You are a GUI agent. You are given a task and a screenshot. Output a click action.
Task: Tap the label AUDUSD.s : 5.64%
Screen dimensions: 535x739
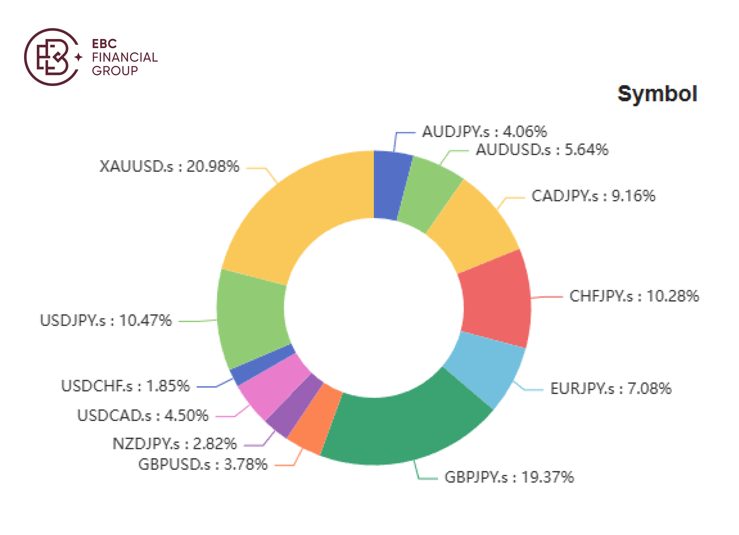pyautogui.click(x=542, y=150)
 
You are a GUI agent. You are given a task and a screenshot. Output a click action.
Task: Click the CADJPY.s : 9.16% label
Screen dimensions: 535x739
pyautogui.click(x=593, y=196)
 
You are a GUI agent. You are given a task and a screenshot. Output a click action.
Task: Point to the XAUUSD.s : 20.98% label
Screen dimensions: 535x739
pyautogui.click(x=169, y=167)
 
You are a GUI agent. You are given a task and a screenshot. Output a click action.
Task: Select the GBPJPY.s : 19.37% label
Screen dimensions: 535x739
pyautogui.click(x=509, y=477)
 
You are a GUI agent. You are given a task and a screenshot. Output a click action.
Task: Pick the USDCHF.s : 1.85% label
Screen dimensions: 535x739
pyautogui.click(x=125, y=386)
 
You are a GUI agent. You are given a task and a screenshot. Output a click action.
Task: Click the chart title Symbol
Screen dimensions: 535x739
pyautogui.click(x=657, y=94)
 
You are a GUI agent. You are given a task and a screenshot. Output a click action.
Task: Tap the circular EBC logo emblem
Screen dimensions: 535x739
pyautogui.click(x=53, y=57)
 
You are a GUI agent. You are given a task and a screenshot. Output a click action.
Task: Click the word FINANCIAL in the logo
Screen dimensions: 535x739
pyautogui.click(x=125, y=57)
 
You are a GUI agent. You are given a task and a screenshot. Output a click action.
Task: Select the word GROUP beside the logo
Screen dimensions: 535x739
pyautogui.click(x=115, y=71)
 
